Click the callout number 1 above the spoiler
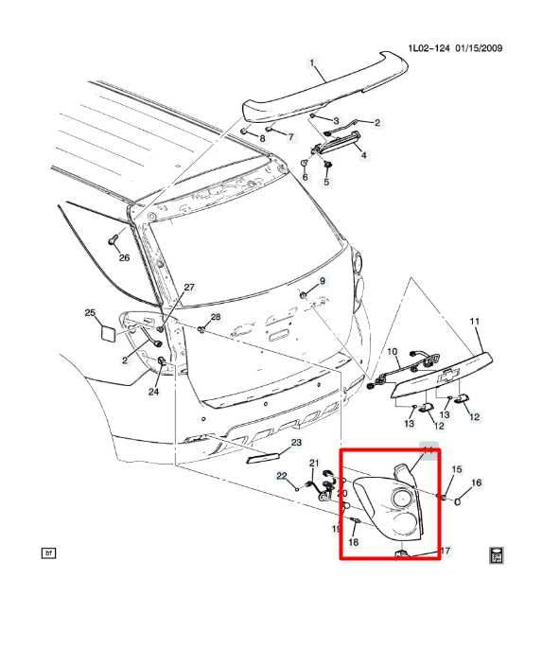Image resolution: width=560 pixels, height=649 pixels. [311, 63]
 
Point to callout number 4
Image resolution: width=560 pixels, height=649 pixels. [364, 154]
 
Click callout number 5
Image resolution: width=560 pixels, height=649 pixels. [326, 182]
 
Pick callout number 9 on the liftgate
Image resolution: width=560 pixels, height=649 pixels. [322, 282]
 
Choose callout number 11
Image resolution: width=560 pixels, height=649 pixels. [475, 322]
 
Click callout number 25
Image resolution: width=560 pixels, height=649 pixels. [90, 313]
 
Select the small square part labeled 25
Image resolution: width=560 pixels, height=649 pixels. [108, 332]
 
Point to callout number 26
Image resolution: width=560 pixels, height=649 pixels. [123, 256]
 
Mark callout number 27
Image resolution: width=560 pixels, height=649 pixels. [188, 288]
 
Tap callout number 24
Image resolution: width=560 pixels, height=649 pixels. [153, 392]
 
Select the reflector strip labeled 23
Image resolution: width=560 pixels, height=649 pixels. [260, 458]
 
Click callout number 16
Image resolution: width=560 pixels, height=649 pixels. [477, 482]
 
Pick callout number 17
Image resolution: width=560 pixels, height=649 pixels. [446, 550]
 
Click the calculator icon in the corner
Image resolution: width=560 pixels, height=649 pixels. [496, 554]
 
